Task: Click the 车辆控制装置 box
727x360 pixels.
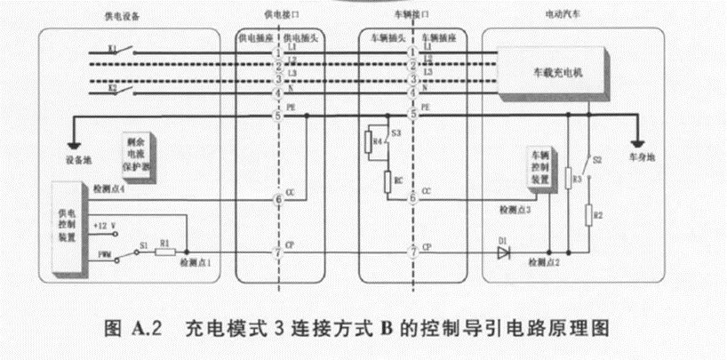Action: (x=539, y=168)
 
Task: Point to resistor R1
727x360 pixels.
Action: (x=166, y=253)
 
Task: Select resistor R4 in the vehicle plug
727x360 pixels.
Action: (x=372, y=140)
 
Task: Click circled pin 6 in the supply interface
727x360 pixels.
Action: (x=277, y=200)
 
